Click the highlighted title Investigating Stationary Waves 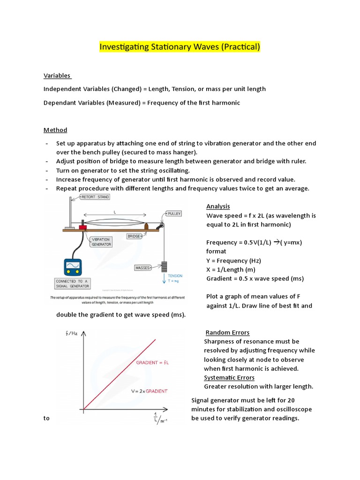point(180,47)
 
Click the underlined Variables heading point(57,75)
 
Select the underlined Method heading point(55,130)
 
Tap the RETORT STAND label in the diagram point(95,197)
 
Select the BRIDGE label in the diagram point(134,236)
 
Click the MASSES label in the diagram point(143,268)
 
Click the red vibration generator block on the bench point(83,227)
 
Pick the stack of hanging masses point(164,266)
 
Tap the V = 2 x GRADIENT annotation point(150,390)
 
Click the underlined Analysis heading point(218,207)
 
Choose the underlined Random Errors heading point(227,332)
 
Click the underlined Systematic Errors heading point(229,377)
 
